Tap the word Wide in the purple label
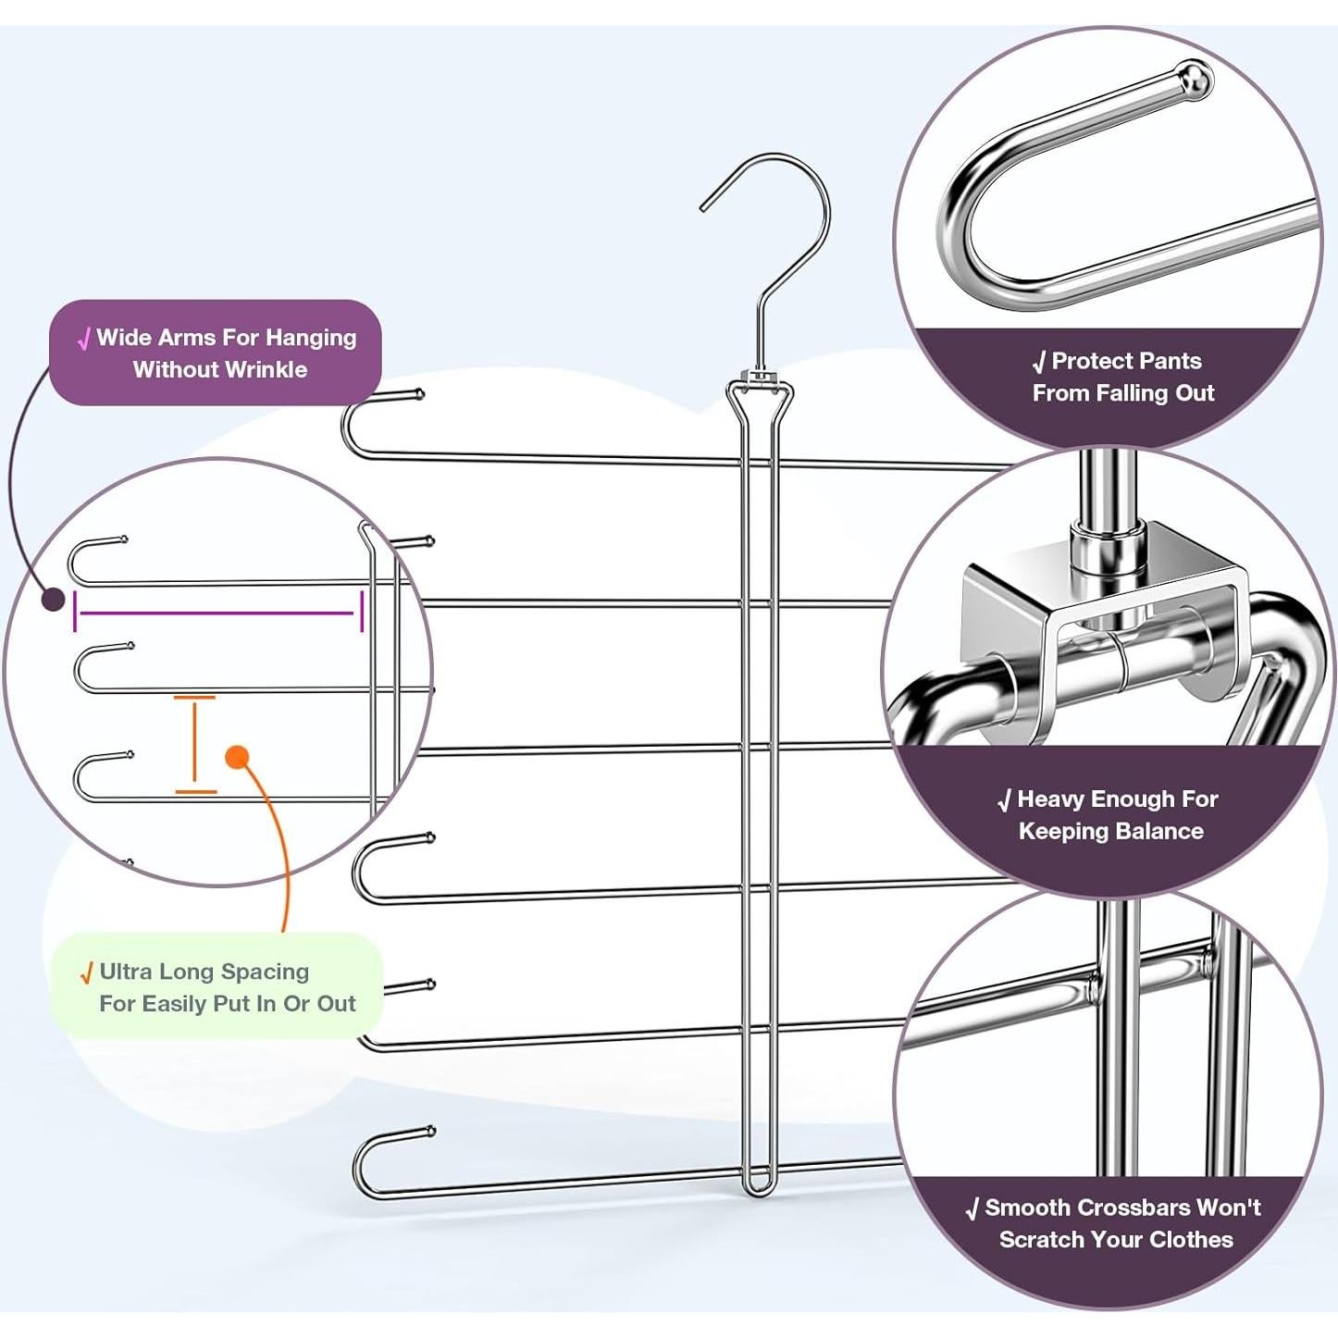click(122, 338)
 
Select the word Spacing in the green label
click(265, 972)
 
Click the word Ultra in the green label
click(126, 972)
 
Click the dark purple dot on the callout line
click(54, 600)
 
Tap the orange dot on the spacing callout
click(238, 758)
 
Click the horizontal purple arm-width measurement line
click(217, 613)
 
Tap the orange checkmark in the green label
click(86, 973)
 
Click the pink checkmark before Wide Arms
click(84, 340)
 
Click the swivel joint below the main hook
click(759, 378)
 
